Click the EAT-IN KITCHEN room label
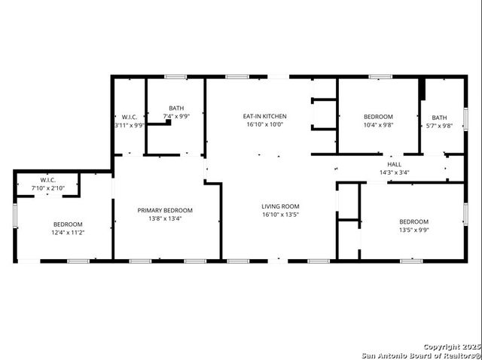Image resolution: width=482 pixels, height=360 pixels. tap(264, 116)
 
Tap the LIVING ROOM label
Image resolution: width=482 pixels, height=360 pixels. tap(280, 206)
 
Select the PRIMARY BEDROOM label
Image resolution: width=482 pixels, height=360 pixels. tap(165, 210)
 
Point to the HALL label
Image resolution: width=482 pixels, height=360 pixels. tap(394, 164)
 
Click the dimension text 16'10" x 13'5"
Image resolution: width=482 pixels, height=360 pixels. tap(280, 215)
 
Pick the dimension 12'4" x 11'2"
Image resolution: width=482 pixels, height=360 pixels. tap(68, 233)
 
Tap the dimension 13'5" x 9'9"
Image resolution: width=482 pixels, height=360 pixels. tap(413, 230)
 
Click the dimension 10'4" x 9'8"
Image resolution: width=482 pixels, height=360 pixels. tap(378, 125)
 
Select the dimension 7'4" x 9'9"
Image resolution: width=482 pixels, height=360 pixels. tap(176, 117)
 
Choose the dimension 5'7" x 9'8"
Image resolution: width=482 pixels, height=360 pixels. tap(439, 126)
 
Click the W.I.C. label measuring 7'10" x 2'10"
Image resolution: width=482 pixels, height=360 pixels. tap(48, 180)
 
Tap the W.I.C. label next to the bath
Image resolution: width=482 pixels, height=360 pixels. tap(130, 117)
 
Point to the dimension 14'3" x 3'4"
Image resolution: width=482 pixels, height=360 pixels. tap(394, 172)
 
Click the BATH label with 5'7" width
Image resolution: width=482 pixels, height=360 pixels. tap(439, 117)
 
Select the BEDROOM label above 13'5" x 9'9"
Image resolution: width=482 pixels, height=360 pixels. tap(413, 221)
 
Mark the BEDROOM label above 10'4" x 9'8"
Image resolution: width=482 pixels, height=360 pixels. tap(378, 117)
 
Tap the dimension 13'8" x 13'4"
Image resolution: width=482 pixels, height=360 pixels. tap(165, 219)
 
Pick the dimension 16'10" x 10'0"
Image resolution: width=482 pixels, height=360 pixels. tap(264, 125)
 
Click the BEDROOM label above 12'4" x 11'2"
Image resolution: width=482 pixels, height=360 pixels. tap(68, 224)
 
